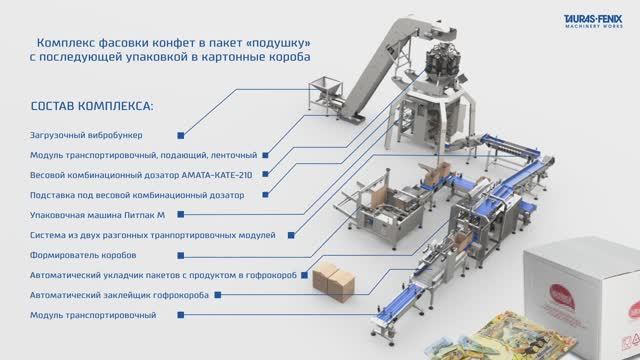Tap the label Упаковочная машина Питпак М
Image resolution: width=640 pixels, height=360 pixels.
[x=98, y=214]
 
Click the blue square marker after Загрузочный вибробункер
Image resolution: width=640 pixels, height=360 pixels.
[x=180, y=134]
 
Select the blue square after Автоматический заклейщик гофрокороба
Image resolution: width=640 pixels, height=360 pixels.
[x=218, y=296]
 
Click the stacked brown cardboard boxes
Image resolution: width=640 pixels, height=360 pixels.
[x=329, y=282]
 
